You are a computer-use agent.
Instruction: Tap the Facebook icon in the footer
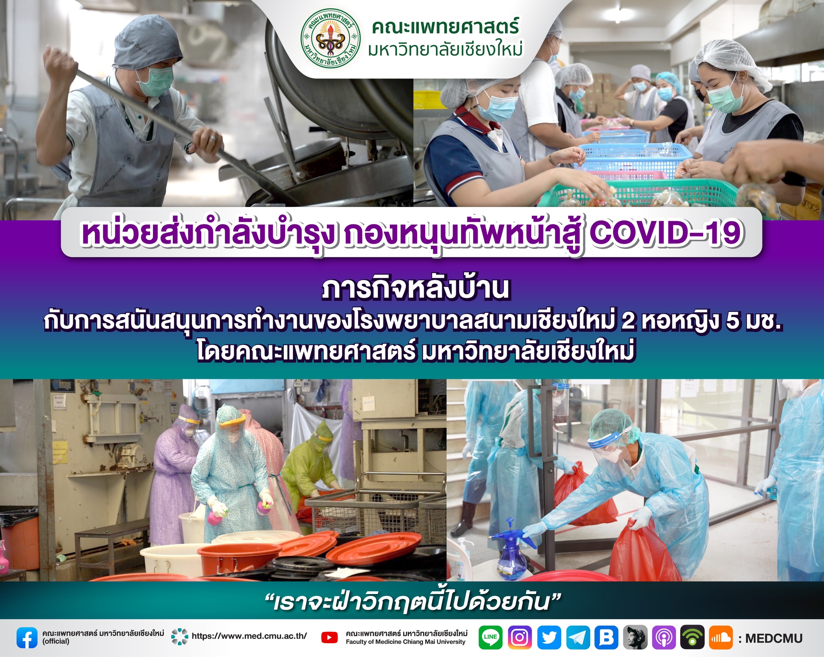click(27, 638)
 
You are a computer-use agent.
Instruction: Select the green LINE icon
click(490, 637)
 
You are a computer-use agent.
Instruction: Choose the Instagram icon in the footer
click(520, 637)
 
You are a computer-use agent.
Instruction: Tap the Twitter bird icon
click(549, 637)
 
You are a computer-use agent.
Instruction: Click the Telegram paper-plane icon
click(578, 637)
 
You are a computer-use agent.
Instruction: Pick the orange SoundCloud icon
click(721, 637)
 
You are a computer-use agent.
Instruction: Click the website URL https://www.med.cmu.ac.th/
click(249, 636)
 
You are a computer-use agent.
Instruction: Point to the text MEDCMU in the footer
click(774, 638)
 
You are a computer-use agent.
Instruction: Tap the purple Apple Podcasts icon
click(664, 637)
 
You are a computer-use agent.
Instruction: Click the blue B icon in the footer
click(607, 637)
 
